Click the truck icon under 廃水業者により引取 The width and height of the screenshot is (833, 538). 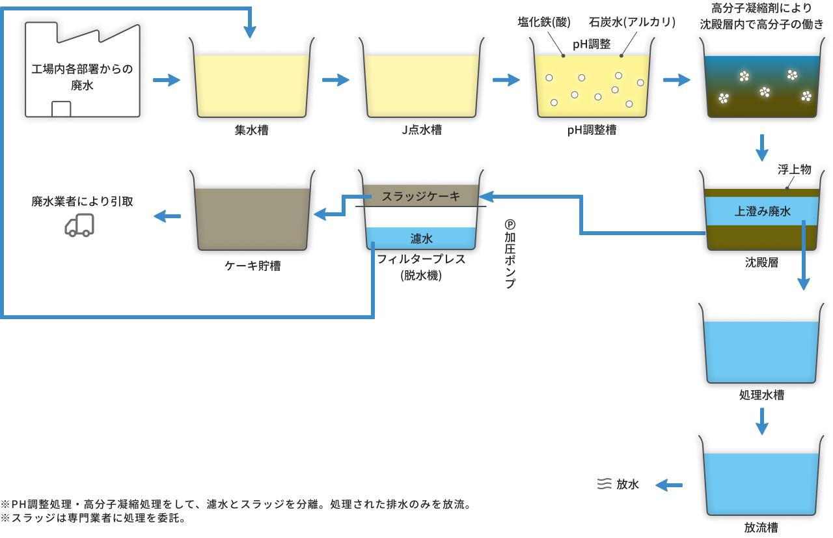pos(79,225)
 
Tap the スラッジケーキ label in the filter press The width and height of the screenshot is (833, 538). pos(420,196)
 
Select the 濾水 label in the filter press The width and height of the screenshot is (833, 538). pos(421,239)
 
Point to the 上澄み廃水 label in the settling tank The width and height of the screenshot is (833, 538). pos(762,211)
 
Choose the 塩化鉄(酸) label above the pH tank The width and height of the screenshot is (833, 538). pos(544,22)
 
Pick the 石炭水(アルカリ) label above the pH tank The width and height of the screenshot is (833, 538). pos(632,22)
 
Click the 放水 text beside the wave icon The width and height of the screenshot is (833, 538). pos(628,485)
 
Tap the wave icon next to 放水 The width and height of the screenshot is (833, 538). pos(604,485)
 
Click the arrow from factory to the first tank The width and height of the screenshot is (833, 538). pos(165,80)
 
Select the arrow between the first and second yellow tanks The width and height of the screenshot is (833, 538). pos(336,80)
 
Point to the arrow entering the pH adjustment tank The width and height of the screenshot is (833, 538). pos(506,80)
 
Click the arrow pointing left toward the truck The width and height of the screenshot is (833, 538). pos(167,217)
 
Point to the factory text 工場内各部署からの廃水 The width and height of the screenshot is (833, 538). pos(82,76)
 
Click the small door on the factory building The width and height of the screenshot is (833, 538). pos(61,109)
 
